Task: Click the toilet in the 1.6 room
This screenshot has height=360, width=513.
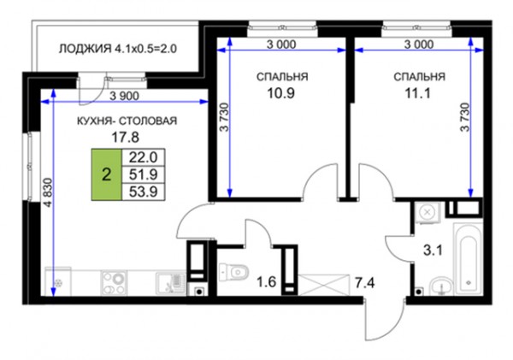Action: click(234, 271)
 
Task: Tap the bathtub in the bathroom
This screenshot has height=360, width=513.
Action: click(467, 259)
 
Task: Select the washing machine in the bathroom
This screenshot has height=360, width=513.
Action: click(427, 213)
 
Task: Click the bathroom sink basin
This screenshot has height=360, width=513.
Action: click(442, 286)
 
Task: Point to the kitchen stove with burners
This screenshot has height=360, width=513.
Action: click(115, 283)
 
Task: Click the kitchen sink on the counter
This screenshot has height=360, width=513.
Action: click(170, 283)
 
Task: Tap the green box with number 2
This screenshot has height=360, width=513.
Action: click(106, 174)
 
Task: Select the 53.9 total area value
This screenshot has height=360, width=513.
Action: click(144, 192)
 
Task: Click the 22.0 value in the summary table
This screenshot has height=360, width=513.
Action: click(144, 157)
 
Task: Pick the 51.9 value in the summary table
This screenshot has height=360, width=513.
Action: click(144, 174)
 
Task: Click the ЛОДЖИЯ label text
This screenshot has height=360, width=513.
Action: click(85, 49)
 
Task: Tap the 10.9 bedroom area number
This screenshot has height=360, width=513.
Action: click(281, 93)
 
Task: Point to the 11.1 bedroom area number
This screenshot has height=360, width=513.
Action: click(418, 93)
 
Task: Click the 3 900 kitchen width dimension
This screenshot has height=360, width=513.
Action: click(125, 97)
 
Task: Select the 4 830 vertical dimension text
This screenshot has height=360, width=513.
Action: click(48, 192)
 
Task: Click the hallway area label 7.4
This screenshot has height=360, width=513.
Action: click(365, 282)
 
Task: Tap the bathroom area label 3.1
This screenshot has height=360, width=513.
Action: click(433, 251)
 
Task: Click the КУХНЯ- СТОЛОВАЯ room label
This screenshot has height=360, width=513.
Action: click(127, 121)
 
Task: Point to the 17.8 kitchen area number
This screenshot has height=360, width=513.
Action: click(126, 138)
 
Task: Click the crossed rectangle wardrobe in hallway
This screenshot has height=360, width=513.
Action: click(323, 285)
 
